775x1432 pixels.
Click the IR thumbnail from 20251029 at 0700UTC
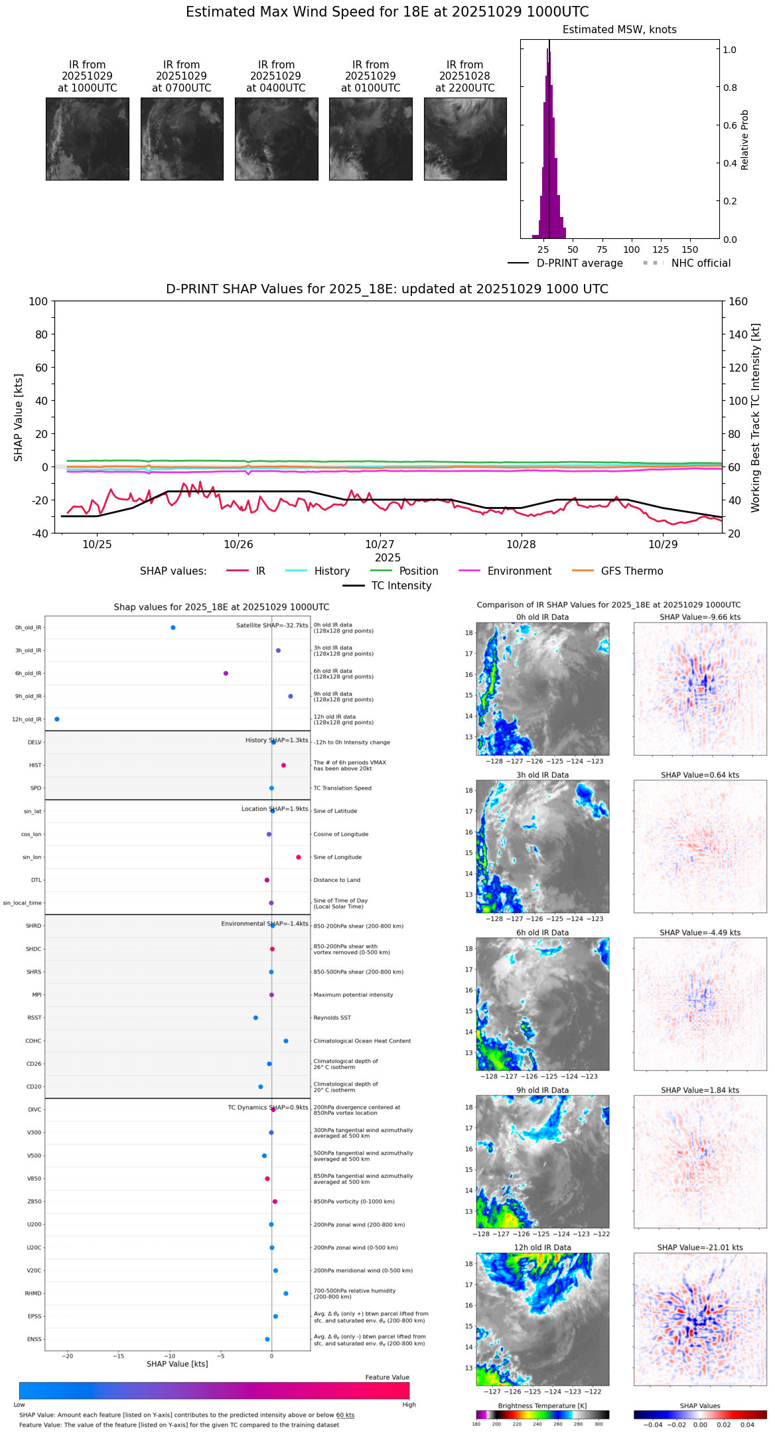coord(182,139)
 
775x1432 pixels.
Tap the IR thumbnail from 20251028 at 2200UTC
coord(465,139)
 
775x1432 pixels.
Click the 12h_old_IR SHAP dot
coord(56,719)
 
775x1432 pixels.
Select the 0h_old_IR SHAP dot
coord(173,628)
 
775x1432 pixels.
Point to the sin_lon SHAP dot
coord(299,857)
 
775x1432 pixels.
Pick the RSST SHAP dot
coord(255,1018)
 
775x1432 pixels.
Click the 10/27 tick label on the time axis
coord(380,545)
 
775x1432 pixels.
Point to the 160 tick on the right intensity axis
coord(738,302)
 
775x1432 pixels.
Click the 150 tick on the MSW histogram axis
coord(690,250)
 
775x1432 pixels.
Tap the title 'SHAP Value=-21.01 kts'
coord(700,1248)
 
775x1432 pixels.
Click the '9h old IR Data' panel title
coord(542,1090)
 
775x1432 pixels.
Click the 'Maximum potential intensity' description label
coord(353,995)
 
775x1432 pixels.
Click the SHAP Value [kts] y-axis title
coord(19,417)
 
